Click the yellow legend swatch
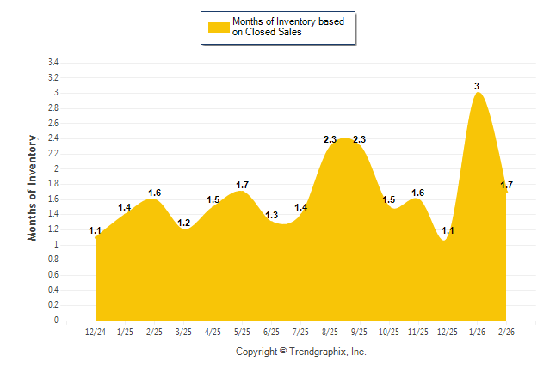click(x=219, y=27)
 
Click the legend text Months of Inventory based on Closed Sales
click(x=289, y=27)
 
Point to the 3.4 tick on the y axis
click(x=53, y=63)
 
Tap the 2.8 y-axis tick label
click(x=53, y=108)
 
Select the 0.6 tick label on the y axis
click(x=53, y=275)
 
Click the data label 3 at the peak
click(x=477, y=86)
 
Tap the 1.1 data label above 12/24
click(x=96, y=230)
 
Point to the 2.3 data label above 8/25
click(x=331, y=139)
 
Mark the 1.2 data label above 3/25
click(x=184, y=223)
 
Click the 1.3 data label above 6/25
click(x=272, y=215)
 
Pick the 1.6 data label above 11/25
click(x=418, y=193)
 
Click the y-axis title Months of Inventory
click(x=33, y=187)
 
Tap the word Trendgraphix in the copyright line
click(x=319, y=352)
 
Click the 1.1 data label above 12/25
click(x=448, y=230)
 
